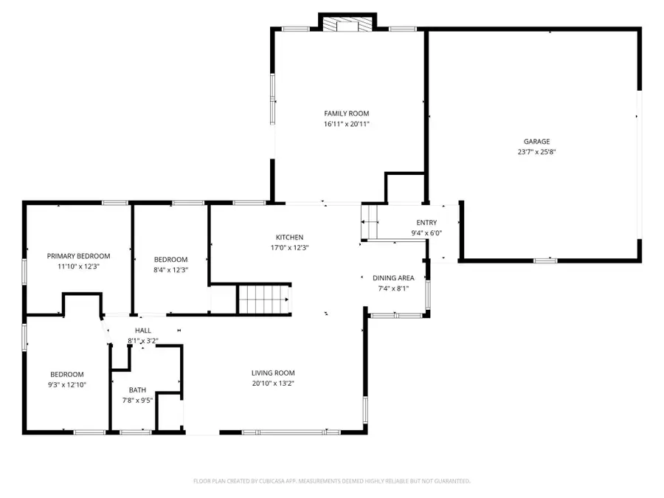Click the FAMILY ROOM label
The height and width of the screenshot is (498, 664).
[x=346, y=114]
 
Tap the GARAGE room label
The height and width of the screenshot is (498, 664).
[x=536, y=142]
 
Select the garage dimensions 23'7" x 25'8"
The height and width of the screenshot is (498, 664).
[x=536, y=152]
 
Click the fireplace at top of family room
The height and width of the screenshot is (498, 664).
[x=347, y=24]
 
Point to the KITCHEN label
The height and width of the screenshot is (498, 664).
[x=290, y=237]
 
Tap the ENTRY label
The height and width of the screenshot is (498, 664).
[x=426, y=223]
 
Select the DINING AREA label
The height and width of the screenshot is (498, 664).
[x=393, y=278]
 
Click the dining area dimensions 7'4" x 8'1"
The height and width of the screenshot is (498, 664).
[x=393, y=288]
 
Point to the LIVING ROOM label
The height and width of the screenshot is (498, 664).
[x=273, y=373]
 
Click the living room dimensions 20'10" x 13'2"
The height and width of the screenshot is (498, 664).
[x=273, y=383]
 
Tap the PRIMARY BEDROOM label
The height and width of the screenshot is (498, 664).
[x=78, y=256]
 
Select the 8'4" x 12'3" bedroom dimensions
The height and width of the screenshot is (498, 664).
[x=170, y=270]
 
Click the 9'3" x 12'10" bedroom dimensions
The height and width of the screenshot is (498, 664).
[x=66, y=384]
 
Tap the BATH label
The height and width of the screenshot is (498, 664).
[x=137, y=390]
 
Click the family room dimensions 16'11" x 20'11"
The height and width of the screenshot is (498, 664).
[x=346, y=124]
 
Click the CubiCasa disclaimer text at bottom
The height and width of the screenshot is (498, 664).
[x=331, y=481]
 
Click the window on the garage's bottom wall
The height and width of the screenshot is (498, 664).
[x=545, y=260]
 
